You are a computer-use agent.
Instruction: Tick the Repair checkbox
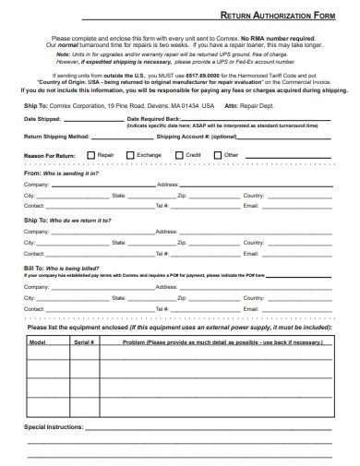click(90, 155)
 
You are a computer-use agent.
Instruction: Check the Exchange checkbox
click(130, 155)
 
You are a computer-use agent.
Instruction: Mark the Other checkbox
click(217, 155)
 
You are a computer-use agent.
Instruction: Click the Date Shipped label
click(42, 119)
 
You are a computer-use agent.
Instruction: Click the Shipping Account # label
click(197, 136)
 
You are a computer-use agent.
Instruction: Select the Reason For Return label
click(50, 155)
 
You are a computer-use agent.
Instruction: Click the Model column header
click(38, 341)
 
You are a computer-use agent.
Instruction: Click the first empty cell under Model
click(38, 356)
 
